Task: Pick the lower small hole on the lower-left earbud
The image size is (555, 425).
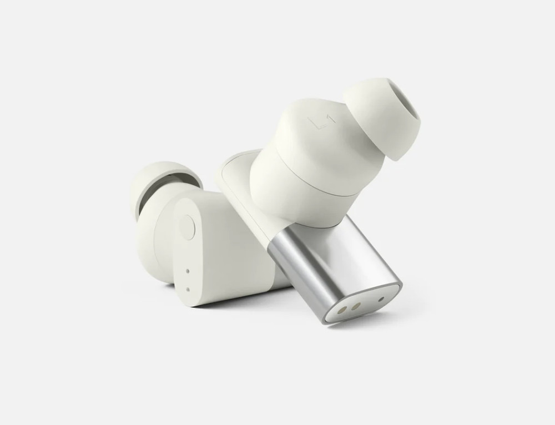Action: click(188, 289)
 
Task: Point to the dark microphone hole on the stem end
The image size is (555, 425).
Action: click(381, 298)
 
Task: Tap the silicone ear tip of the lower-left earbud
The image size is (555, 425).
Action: click(153, 180)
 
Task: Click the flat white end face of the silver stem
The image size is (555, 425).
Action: click(364, 303)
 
